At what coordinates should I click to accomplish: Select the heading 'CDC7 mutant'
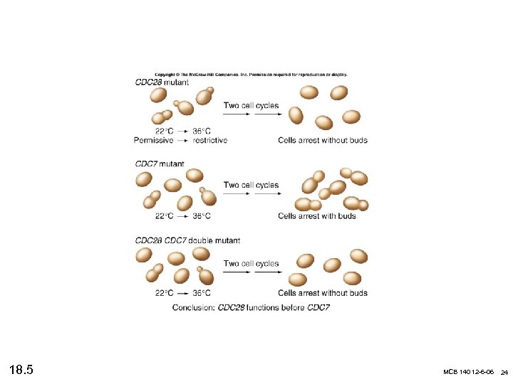coord(160,164)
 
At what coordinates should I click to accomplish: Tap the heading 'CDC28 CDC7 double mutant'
coord(187,240)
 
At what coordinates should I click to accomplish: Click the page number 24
coord(504,373)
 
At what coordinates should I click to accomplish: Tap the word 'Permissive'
coord(153,140)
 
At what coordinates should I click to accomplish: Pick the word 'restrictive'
coord(210,140)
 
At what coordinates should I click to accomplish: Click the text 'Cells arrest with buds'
coord(316,216)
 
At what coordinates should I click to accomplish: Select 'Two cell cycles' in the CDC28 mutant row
coord(251,105)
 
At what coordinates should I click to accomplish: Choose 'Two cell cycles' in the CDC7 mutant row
coord(251,185)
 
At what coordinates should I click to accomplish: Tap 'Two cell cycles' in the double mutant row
coord(251,264)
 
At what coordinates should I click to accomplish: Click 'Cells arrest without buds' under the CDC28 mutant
coord(323,140)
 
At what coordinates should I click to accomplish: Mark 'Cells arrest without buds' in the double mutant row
coord(323,293)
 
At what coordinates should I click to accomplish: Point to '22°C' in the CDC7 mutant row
coord(165,216)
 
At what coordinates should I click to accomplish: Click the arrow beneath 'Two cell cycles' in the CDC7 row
coord(251,194)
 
